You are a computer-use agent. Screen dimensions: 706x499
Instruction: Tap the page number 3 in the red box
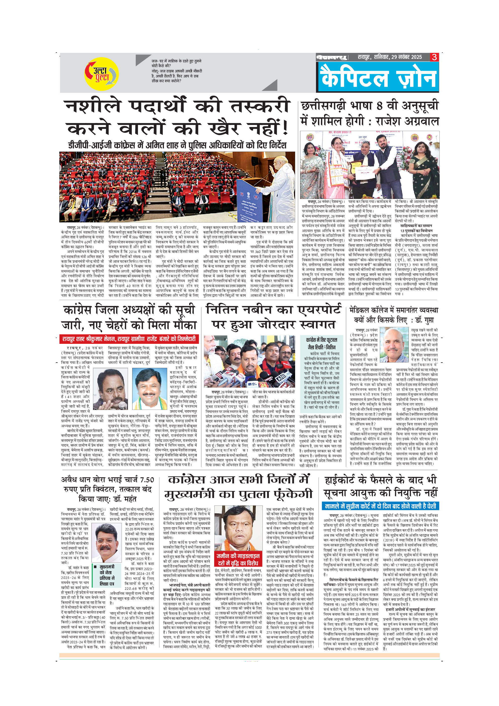tap(434, 57)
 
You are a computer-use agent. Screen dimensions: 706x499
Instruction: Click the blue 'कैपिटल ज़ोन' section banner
tap(378, 77)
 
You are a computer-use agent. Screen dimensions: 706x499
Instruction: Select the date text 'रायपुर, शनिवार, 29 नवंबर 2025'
tap(390, 57)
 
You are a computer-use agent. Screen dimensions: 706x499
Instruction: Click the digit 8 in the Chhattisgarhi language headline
tap(379, 106)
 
